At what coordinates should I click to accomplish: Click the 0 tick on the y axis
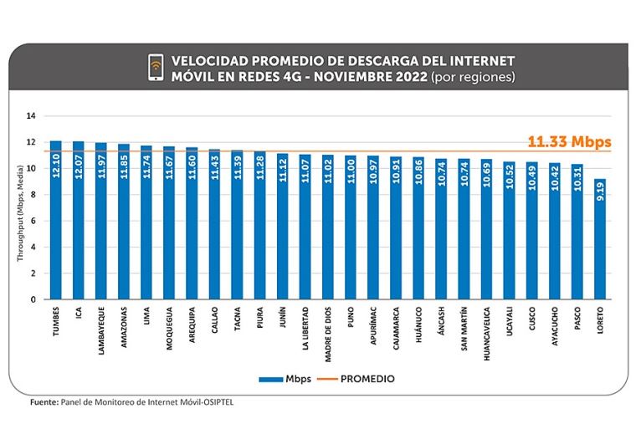click(x=33, y=299)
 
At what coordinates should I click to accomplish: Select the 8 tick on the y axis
click(x=33, y=195)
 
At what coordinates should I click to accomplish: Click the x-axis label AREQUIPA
click(x=192, y=327)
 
